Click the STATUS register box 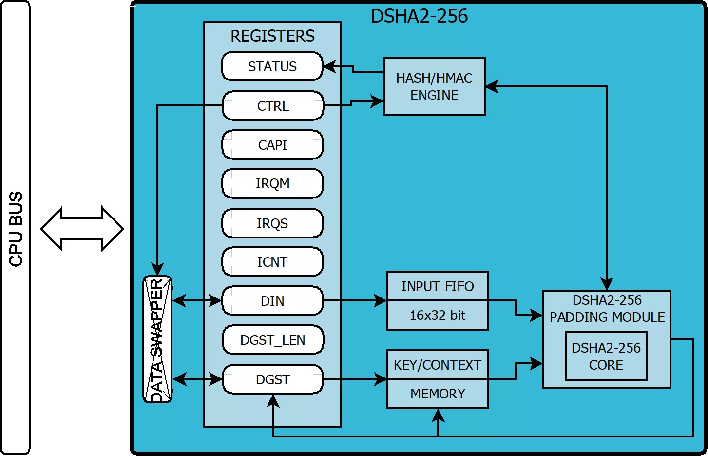(x=272, y=66)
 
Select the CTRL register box (x=273, y=106)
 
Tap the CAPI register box (x=272, y=145)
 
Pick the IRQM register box (x=272, y=184)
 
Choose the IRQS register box (x=272, y=223)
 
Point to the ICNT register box (x=272, y=262)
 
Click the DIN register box (x=272, y=301)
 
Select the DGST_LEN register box (x=272, y=340)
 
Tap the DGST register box (x=272, y=379)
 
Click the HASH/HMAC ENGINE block (x=434, y=87)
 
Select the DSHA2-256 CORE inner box (x=606, y=357)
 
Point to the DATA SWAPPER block (x=157, y=339)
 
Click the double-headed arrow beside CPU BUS (x=82, y=229)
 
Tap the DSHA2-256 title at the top (x=419, y=17)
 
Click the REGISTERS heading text (x=272, y=36)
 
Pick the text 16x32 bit (x=438, y=316)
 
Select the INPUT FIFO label (x=438, y=286)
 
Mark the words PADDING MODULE (x=607, y=317)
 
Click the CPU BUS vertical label (x=16, y=229)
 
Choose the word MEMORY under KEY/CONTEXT (x=438, y=394)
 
